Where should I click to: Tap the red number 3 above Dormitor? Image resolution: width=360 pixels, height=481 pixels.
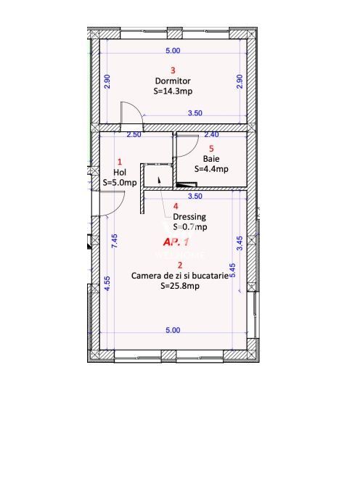pos(172,70)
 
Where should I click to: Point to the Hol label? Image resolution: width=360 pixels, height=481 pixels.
pos(120,173)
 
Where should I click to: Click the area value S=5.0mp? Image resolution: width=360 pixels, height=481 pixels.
pos(120,183)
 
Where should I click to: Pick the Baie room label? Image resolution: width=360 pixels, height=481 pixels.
pos(211,158)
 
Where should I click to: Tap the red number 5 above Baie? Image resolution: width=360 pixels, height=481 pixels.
pos(211,148)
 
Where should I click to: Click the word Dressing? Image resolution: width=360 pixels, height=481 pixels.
pos(189,216)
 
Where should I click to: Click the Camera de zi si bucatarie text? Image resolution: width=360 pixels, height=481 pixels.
pos(179,276)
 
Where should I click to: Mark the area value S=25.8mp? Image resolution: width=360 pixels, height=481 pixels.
pos(179,286)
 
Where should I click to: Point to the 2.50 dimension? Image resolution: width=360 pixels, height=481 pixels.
pos(134,134)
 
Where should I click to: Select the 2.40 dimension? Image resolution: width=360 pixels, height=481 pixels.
pos(211,134)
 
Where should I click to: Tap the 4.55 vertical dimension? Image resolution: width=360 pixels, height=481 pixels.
pos(107,284)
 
